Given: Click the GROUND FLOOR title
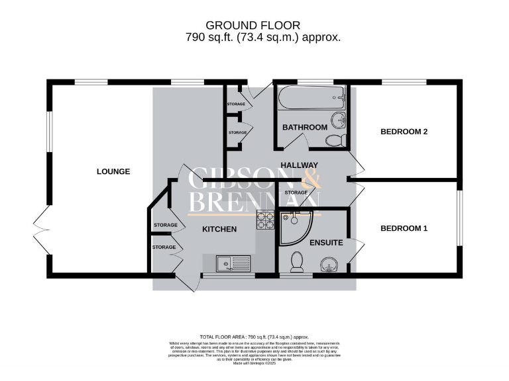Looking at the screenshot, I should (257, 26).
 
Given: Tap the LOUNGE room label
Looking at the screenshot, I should (113, 171).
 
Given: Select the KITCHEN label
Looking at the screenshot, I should (219, 230).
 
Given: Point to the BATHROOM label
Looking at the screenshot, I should (304, 127).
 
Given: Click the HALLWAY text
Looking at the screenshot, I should (300, 165).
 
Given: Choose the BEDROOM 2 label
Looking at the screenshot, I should (404, 132).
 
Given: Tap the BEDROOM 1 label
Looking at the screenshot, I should (404, 228).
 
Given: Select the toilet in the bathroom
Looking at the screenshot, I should (335, 140).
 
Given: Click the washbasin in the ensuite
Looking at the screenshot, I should (329, 267).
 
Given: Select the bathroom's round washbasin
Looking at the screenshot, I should (339, 120).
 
